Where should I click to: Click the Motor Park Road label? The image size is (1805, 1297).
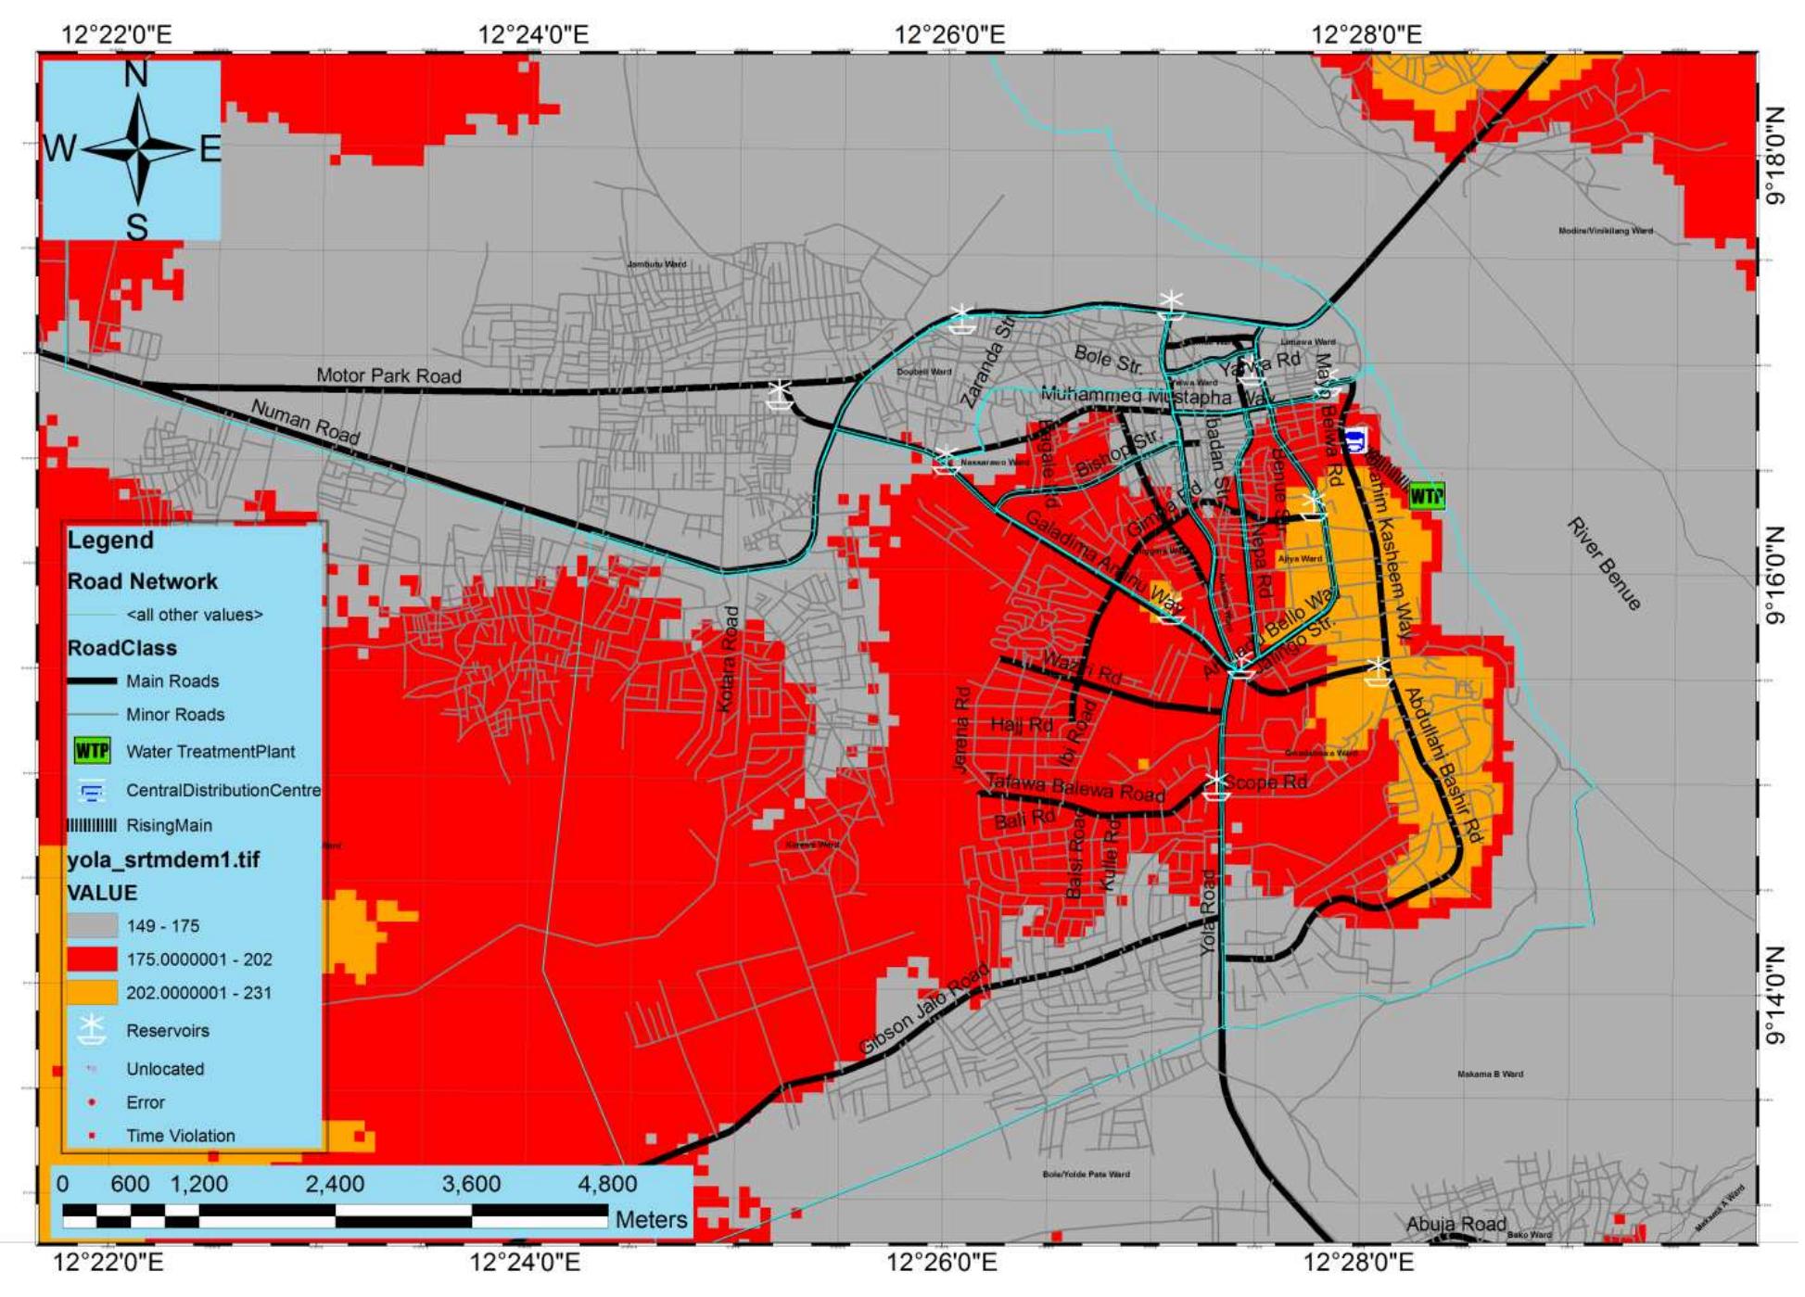pos(388,375)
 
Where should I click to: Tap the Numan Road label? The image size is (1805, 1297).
pos(305,422)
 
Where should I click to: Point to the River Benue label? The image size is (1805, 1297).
pos(1604,564)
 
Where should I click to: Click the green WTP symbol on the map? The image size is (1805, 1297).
pos(1426,496)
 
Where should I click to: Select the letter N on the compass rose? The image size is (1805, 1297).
pos(136,74)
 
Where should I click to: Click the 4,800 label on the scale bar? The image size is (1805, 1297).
pos(607,1184)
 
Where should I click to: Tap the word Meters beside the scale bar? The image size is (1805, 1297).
pos(651,1219)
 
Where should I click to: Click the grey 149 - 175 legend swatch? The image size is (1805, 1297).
pos(92,925)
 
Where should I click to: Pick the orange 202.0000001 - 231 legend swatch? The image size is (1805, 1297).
pos(92,992)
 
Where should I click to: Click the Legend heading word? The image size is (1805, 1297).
pos(110,540)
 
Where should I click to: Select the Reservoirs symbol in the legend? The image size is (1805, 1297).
pos(91,1029)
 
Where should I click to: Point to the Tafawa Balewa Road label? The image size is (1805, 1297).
pos(1074,788)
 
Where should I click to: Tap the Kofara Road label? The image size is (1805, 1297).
pos(730,659)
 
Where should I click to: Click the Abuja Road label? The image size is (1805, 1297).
pos(1455,1224)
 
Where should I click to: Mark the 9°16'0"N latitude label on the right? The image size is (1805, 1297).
pos(1774,575)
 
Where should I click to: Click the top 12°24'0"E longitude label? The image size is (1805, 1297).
pos(532,35)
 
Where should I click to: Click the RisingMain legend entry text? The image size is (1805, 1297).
pos(169,825)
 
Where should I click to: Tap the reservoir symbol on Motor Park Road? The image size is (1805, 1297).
pos(779,395)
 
